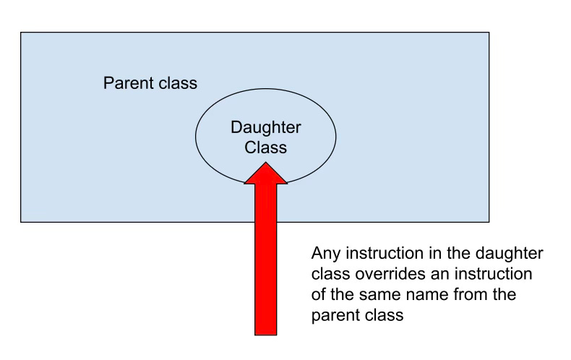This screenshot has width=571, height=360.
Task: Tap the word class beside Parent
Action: (177, 83)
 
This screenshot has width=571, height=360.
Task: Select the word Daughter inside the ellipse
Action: (266, 128)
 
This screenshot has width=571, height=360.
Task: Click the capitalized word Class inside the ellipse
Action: (266, 147)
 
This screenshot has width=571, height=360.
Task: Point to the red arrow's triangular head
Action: (266, 173)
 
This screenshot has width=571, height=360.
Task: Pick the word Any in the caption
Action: (324, 254)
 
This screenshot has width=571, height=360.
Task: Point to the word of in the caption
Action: (318, 296)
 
